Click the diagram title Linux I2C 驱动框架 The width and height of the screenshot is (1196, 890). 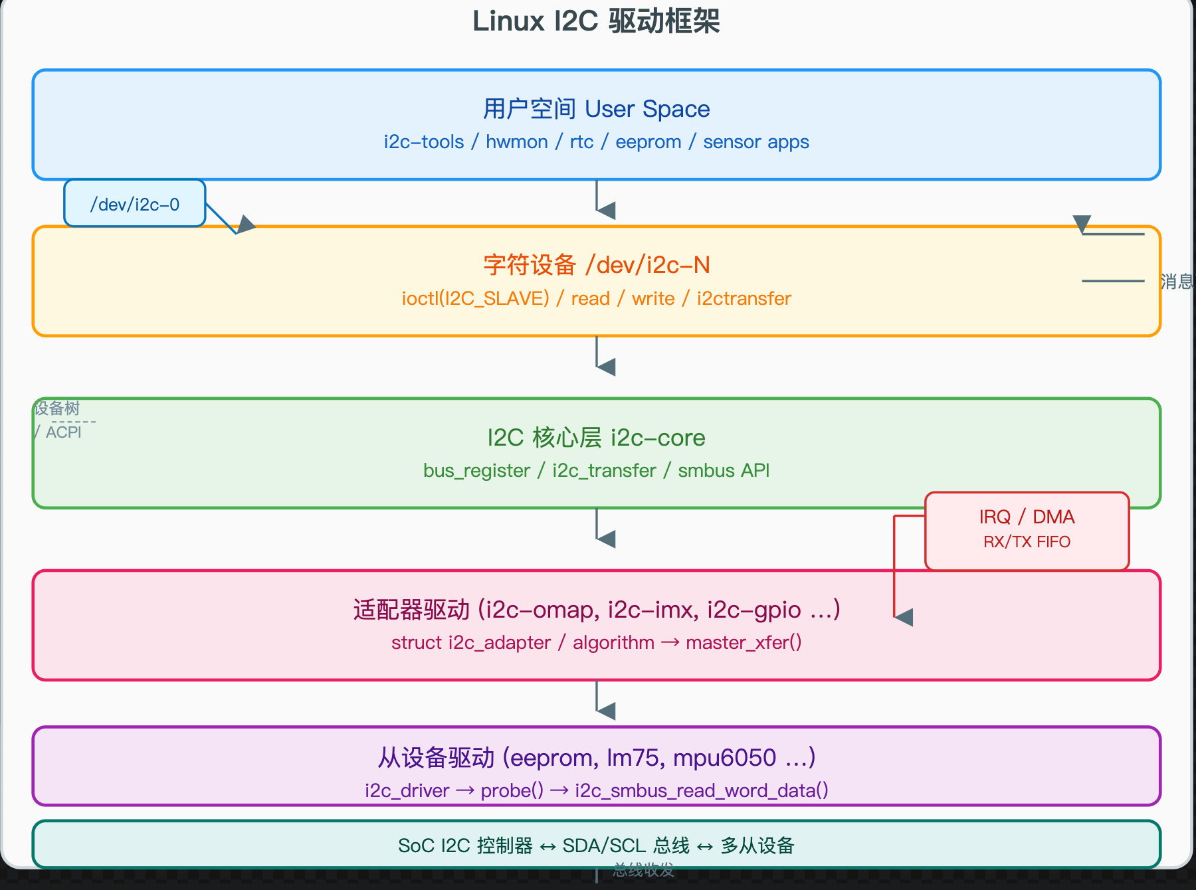coord(596,21)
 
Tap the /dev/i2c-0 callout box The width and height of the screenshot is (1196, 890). coord(135,204)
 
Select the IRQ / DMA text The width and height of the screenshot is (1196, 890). coord(1027,517)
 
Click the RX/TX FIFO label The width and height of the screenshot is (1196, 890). coord(1027,542)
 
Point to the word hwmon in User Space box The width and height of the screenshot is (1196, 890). coord(516,142)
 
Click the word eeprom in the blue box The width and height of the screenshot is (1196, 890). coord(648,142)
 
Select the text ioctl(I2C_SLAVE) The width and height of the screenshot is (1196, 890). coord(475,299)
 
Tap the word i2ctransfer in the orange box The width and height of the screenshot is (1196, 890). coord(744,299)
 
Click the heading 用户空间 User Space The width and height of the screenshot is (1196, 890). coord(596,109)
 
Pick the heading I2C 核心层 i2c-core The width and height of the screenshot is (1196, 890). coord(596,438)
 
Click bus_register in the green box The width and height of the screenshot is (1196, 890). coord(476,471)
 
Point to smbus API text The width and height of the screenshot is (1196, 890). coord(723,471)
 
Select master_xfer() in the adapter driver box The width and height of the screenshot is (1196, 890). coord(744,643)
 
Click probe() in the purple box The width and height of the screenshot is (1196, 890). coord(512,791)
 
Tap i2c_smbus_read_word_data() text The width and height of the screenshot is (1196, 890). coord(701,791)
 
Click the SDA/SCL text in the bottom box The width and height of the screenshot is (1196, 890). coord(604,845)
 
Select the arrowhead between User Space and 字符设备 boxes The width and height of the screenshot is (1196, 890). coord(606,211)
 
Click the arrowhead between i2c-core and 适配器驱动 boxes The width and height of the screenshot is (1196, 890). coord(606,539)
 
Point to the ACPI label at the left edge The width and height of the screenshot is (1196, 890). coord(63,432)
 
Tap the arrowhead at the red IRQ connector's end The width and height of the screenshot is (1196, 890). coord(904,617)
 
